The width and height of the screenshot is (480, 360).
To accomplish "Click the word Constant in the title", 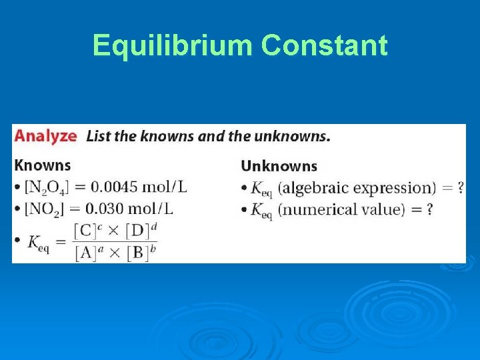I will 324,46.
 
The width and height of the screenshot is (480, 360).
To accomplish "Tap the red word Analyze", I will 46,136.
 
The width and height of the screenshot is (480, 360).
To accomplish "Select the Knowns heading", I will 43,165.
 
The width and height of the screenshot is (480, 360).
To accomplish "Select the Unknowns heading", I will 279,166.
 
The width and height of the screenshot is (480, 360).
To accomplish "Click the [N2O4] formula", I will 46,187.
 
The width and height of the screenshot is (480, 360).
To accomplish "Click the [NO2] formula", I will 43,209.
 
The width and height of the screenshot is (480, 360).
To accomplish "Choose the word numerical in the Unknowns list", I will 313,209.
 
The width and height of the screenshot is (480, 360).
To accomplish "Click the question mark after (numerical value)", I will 429,209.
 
